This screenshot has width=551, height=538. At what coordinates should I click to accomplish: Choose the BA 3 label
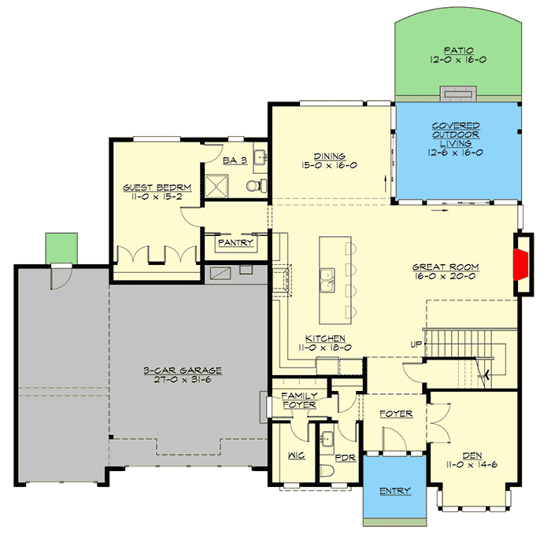235,160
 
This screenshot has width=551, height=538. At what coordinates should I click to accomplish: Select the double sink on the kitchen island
330,278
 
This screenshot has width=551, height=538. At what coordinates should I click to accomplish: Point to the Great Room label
446,272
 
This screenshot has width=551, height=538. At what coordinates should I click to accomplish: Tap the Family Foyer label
299,400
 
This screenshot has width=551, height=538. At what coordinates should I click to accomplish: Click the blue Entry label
394,492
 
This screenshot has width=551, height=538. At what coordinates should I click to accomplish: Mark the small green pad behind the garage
61,246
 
